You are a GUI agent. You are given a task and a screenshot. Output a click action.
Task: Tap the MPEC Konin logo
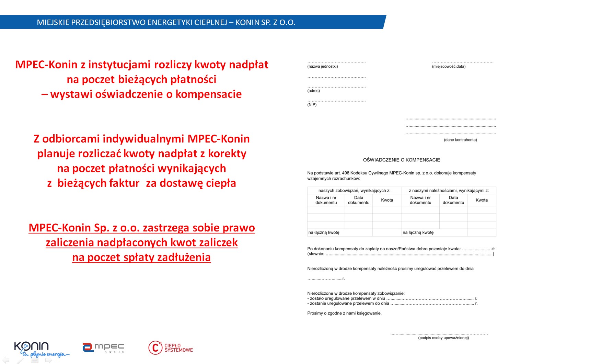(103, 348)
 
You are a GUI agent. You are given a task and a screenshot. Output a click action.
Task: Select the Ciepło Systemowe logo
(171, 348)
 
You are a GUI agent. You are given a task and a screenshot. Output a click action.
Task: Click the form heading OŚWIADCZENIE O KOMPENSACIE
(401, 160)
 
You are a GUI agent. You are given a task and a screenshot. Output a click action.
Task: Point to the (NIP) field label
(312, 105)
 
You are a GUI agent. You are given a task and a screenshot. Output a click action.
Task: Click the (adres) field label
(313, 91)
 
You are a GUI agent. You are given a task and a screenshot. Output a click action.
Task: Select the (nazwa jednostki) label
(322, 67)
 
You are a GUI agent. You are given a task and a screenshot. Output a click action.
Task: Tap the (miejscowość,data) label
(449, 67)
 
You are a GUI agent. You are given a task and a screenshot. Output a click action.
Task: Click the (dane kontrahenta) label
(460, 140)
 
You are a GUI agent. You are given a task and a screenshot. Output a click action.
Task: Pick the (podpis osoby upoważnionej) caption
(443, 338)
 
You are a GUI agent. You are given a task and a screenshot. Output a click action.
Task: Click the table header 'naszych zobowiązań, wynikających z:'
(354, 191)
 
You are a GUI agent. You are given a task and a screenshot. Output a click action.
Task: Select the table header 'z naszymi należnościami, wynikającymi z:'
(449, 191)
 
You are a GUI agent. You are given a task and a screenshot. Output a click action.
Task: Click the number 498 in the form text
(345, 173)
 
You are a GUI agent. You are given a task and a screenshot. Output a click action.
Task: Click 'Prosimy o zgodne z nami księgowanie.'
(344, 313)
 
